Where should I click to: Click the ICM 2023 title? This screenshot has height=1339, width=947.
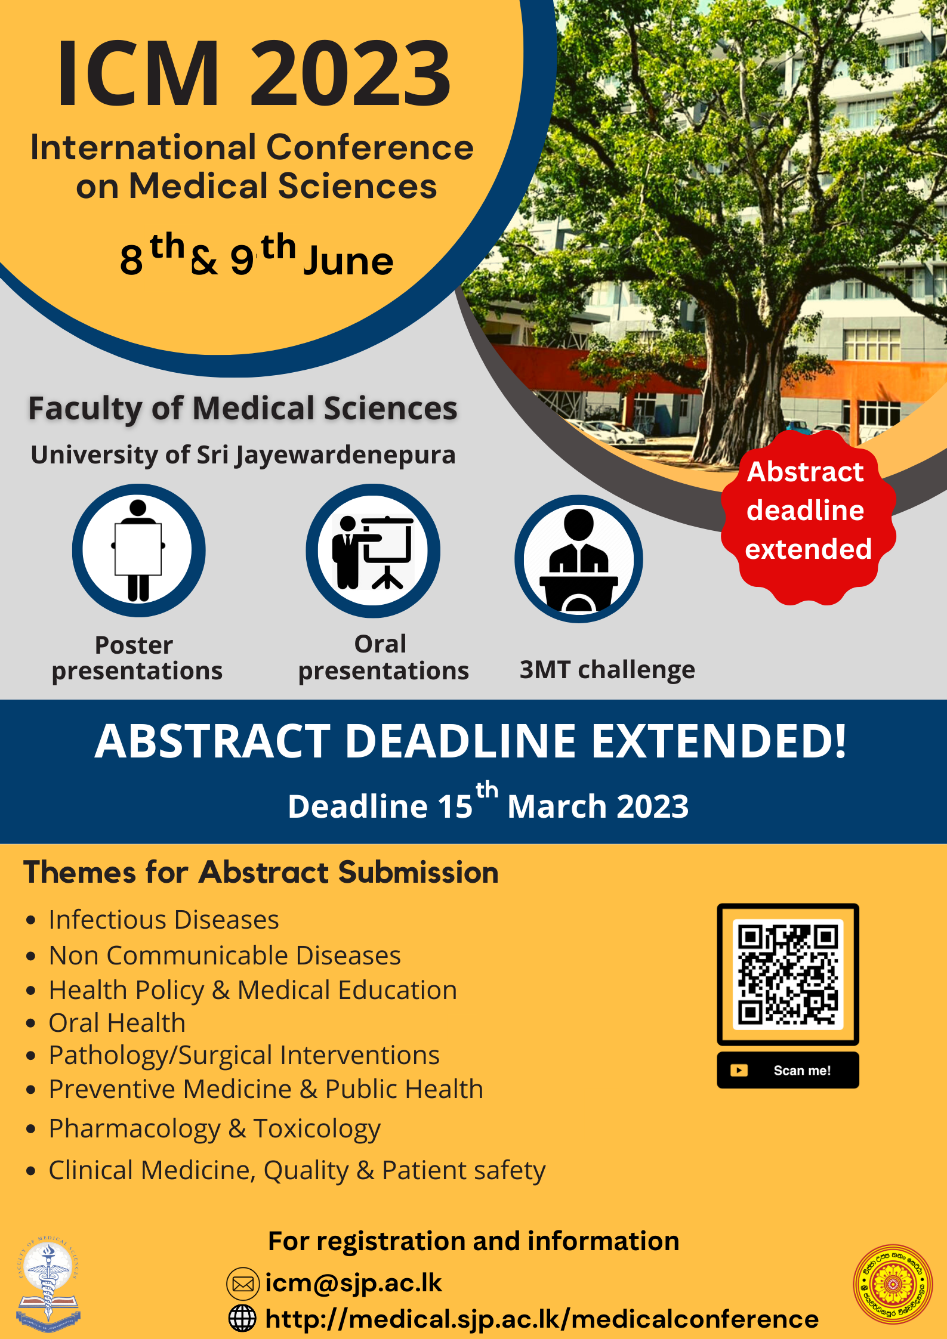(x=254, y=73)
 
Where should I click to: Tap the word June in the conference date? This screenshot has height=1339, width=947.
(x=349, y=261)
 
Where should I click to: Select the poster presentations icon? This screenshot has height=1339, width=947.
(x=139, y=550)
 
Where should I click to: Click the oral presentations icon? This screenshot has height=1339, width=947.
(x=373, y=551)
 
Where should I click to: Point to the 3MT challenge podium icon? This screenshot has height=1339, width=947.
(x=579, y=559)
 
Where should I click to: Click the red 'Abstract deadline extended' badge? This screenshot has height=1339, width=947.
(x=808, y=517)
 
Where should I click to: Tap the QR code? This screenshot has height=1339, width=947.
(x=788, y=974)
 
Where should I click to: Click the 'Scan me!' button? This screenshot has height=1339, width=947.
(x=788, y=1070)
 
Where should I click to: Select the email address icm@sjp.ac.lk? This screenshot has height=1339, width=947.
(x=354, y=1282)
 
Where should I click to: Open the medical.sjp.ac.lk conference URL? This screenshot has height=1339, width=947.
(x=542, y=1319)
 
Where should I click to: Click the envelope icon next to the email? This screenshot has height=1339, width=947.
(x=243, y=1284)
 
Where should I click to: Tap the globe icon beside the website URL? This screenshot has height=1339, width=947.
(x=242, y=1318)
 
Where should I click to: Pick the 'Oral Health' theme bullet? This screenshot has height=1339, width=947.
(x=117, y=1023)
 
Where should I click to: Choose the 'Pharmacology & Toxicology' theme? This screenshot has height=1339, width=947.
(x=215, y=1129)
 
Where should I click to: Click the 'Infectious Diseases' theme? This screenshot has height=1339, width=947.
(x=164, y=920)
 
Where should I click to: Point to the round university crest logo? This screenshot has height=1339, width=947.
(x=893, y=1284)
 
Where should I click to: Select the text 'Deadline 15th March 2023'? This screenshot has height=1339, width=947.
(x=488, y=802)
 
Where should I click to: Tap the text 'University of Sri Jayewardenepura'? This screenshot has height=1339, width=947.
(x=243, y=455)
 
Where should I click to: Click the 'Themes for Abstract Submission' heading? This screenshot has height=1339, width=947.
(x=261, y=872)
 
